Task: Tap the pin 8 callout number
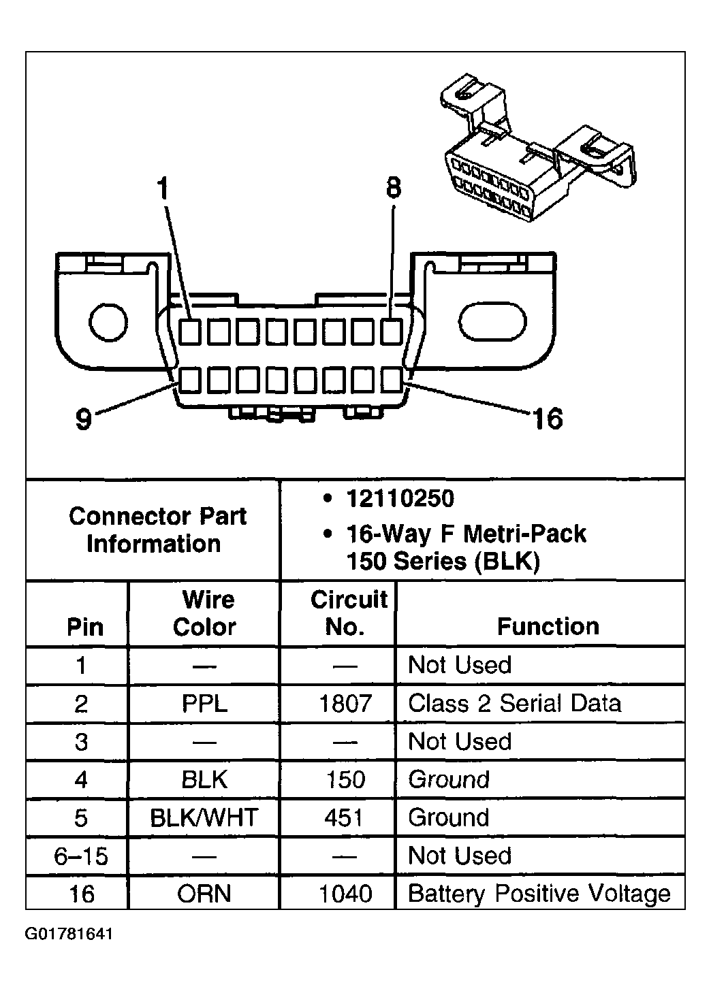click(394, 187)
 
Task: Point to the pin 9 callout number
click(84, 419)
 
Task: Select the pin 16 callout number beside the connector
click(548, 419)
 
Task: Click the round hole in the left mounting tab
click(108, 322)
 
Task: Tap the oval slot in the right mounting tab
click(492, 322)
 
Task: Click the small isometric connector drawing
click(538, 147)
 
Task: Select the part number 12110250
click(400, 499)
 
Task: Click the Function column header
click(548, 626)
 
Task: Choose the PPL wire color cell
click(204, 703)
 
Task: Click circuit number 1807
click(345, 703)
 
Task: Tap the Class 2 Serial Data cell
click(514, 703)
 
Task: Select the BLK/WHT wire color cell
click(204, 817)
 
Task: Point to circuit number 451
click(343, 817)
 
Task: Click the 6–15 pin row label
click(81, 856)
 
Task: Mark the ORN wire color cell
click(204, 894)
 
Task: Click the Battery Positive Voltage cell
click(539, 894)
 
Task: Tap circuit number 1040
click(345, 894)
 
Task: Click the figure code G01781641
click(69, 934)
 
